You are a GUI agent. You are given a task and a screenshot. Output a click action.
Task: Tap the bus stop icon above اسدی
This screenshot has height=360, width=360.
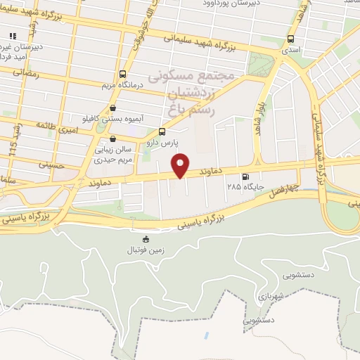click(291, 39)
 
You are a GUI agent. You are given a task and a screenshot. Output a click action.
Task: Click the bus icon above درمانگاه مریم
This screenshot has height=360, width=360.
click(123, 74)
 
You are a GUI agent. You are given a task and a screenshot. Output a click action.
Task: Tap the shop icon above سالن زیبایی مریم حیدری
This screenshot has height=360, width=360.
click(114, 139)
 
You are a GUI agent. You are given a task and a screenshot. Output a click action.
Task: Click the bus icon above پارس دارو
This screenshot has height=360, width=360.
click(162, 131)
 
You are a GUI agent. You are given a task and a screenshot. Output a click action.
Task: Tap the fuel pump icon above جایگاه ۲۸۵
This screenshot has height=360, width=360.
click(245, 177)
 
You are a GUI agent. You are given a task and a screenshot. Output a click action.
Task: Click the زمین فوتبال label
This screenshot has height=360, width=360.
click(146, 250)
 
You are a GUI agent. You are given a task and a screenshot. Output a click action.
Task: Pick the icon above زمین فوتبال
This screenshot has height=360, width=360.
click(146, 240)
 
